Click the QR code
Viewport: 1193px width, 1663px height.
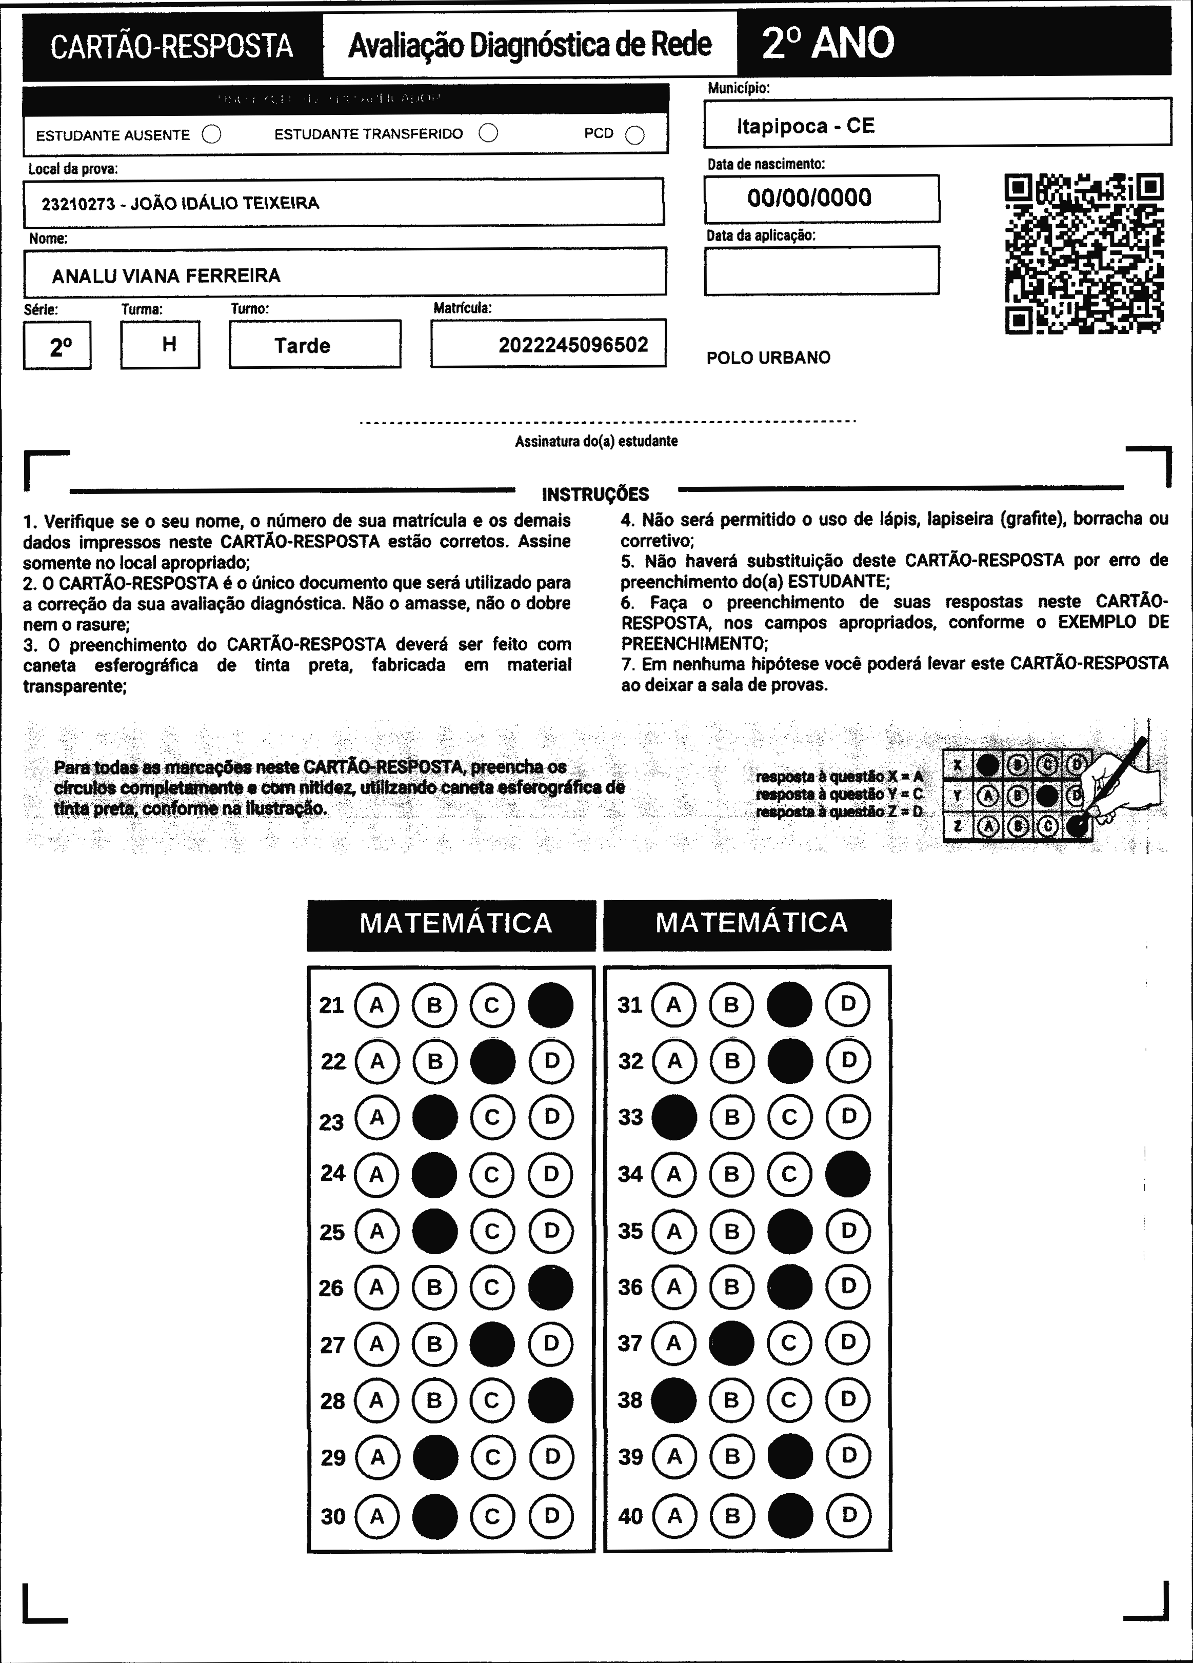tap(1083, 253)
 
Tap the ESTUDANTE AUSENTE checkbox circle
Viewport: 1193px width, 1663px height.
tap(212, 134)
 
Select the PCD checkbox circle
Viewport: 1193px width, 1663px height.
tap(635, 135)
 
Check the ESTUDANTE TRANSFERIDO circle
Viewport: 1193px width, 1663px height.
tap(488, 133)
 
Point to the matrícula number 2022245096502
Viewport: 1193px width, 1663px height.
tap(573, 345)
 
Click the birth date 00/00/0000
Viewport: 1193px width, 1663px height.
tap(809, 198)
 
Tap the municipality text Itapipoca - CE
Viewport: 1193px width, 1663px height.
tap(806, 126)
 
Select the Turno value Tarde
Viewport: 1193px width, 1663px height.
tap(302, 345)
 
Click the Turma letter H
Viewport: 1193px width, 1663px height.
tap(169, 344)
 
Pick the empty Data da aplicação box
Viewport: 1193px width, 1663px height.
tap(821, 270)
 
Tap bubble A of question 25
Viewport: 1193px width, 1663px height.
tap(377, 1231)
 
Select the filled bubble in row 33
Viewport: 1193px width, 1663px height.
tap(674, 1117)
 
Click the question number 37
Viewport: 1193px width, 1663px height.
tap(630, 1343)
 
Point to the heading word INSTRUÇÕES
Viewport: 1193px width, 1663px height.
tap(595, 494)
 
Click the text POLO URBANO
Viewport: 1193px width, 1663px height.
tap(768, 358)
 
